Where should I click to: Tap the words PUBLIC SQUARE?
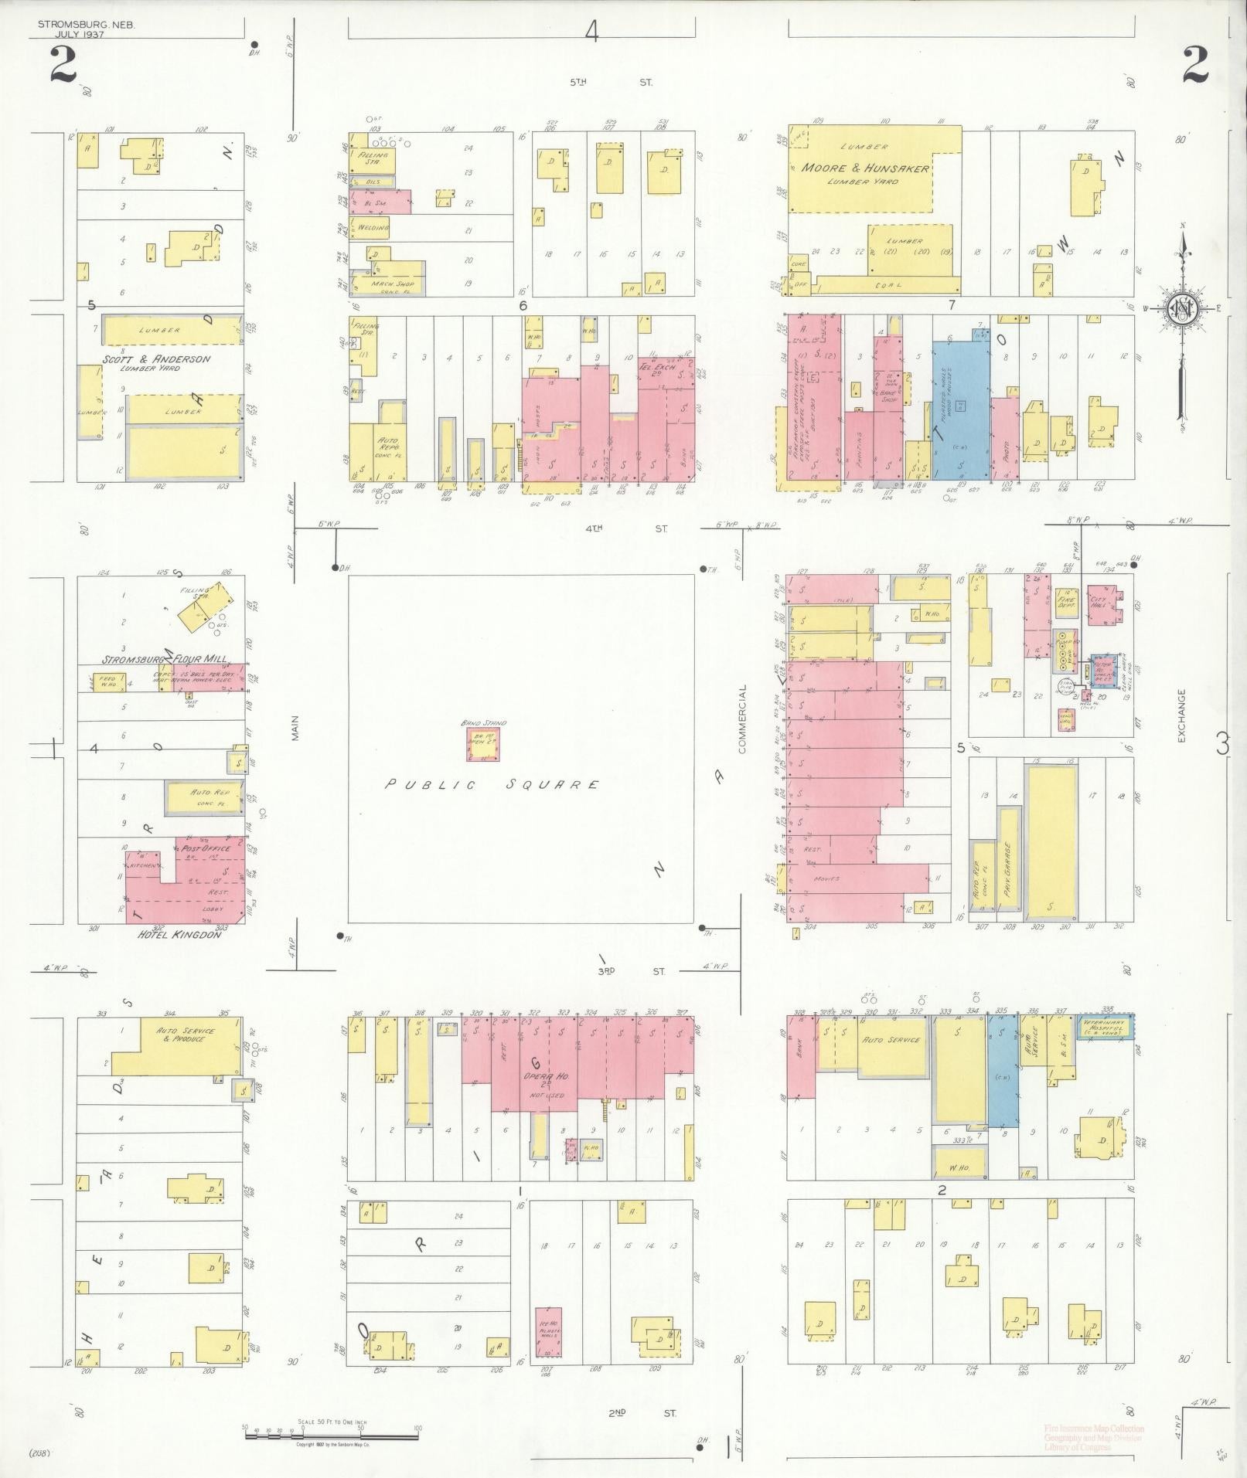click(x=493, y=785)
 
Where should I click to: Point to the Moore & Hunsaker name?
click(x=865, y=168)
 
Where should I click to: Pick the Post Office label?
click(x=206, y=848)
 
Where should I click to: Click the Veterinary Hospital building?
click(x=1106, y=1025)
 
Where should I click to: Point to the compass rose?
click(x=1183, y=307)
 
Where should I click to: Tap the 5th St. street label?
click(x=611, y=82)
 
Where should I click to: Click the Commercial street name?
click(x=742, y=719)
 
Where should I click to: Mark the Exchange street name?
click(x=1181, y=716)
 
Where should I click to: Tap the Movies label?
click(x=826, y=878)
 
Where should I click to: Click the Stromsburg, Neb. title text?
click(x=86, y=25)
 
